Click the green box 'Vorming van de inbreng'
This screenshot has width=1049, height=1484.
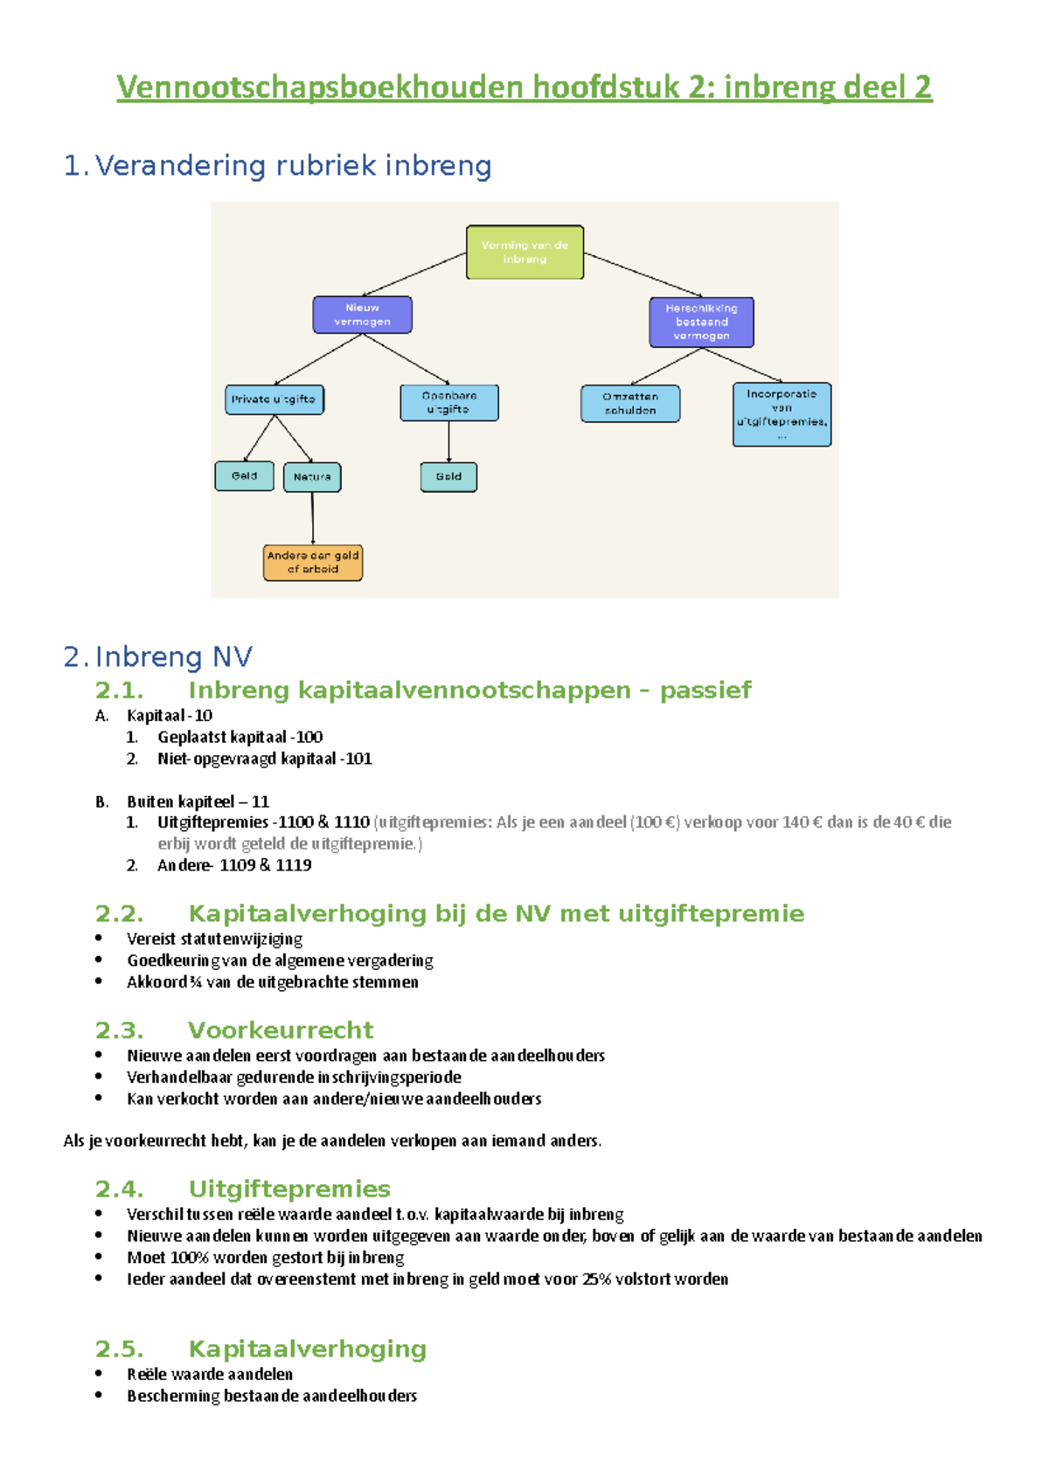click(524, 253)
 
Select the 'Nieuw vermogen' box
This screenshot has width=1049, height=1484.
click(362, 315)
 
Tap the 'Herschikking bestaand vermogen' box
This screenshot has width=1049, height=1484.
click(701, 322)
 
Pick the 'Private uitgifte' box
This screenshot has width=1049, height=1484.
click(274, 399)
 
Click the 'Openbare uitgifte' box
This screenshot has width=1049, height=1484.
click(448, 403)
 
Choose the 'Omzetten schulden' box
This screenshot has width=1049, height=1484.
click(630, 404)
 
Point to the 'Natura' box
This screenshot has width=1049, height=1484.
click(312, 477)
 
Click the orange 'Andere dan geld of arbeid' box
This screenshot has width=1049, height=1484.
click(313, 563)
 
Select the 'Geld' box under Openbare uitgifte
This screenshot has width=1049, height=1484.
click(448, 477)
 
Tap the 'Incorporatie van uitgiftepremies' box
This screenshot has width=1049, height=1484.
click(782, 414)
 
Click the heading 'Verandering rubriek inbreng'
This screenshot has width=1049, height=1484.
click(293, 165)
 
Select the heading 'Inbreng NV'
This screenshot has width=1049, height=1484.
click(173, 656)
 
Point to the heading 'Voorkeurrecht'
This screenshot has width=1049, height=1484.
click(281, 1030)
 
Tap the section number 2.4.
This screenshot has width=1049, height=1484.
click(119, 1189)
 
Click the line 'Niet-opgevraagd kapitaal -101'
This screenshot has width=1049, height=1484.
click(264, 759)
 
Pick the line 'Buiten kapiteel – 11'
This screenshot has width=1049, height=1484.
click(198, 801)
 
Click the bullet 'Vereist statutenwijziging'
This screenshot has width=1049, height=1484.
click(214, 939)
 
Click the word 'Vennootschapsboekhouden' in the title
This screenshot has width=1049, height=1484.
click(320, 87)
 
